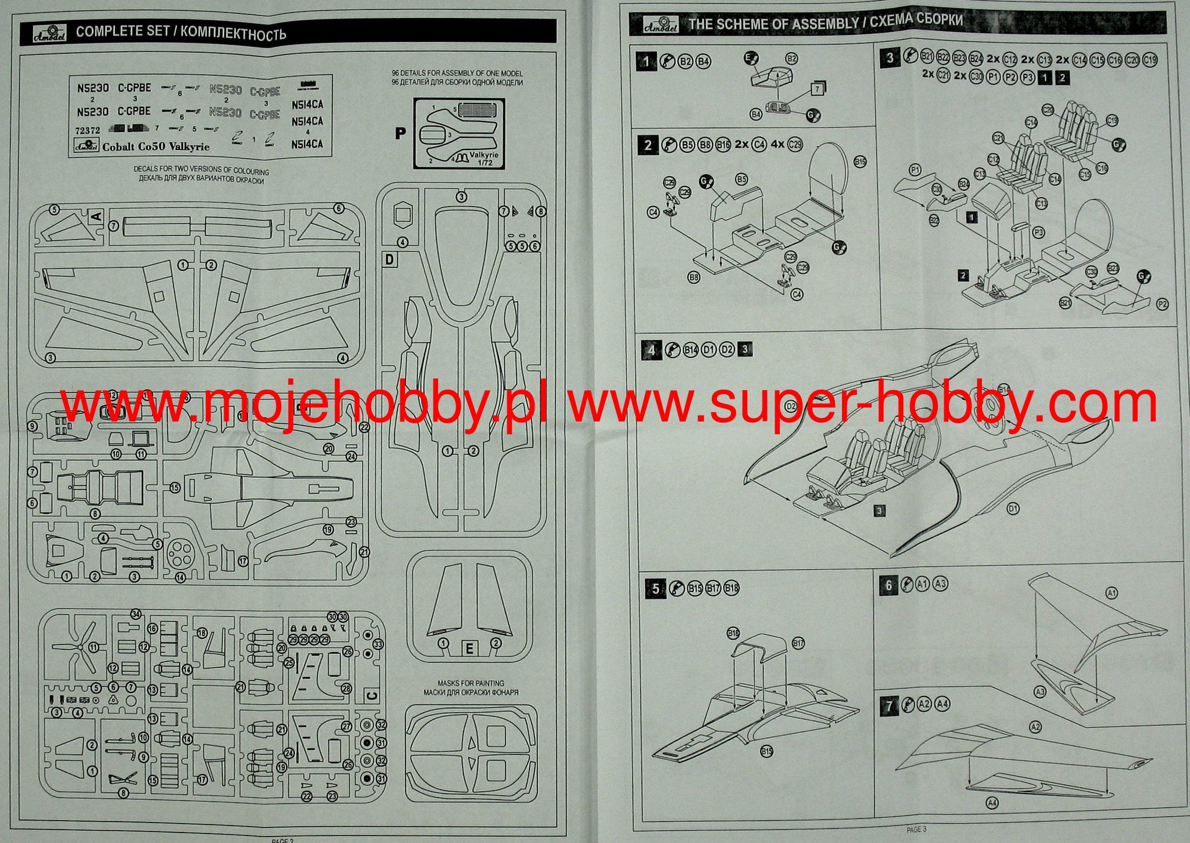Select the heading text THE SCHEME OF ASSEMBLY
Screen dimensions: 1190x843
(773, 24)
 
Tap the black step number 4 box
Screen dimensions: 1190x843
(651, 350)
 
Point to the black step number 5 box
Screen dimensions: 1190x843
(655, 588)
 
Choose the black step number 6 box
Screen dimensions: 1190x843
(888, 585)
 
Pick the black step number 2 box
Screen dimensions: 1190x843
(648, 145)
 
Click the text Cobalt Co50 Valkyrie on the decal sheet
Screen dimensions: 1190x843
(156, 147)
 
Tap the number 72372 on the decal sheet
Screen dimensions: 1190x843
(87, 131)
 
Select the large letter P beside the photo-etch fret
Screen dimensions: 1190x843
(400, 133)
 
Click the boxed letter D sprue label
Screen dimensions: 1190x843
(390, 259)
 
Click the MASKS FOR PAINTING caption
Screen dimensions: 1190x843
(471, 683)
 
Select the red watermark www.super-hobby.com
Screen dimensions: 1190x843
(863, 402)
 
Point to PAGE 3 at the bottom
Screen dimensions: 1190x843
(916, 829)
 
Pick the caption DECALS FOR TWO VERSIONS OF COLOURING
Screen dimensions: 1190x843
(201, 171)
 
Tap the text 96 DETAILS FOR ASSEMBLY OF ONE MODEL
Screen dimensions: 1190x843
(457, 74)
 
